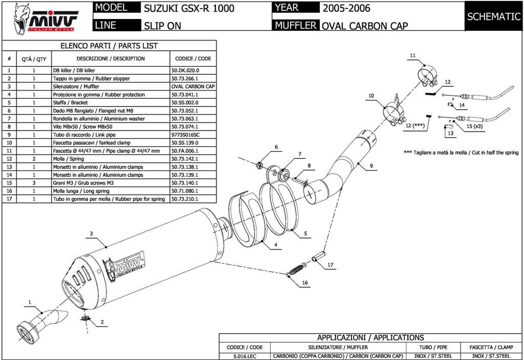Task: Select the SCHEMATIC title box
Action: (x=493, y=16)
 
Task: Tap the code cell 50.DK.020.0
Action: (x=185, y=71)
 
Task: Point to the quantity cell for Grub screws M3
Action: (x=34, y=183)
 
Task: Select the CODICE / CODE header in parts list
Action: (x=193, y=59)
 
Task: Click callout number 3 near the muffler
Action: (x=91, y=234)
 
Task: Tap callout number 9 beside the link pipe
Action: (x=372, y=165)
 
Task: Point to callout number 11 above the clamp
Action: (x=412, y=55)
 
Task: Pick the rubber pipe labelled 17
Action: (x=317, y=255)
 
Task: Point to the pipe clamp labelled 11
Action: (x=427, y=76)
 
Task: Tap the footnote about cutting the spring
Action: (x=461, y=153)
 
